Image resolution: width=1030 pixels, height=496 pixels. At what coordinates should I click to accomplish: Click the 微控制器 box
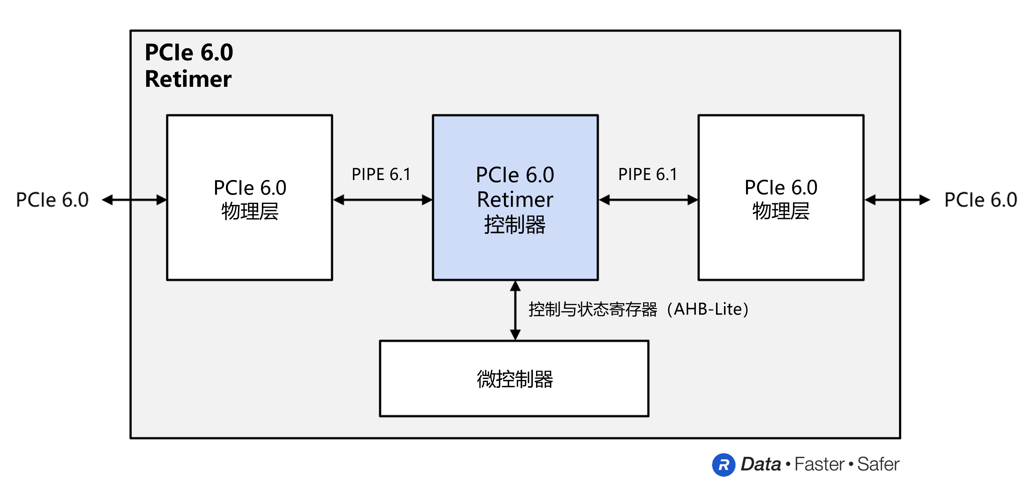tap(514, 379)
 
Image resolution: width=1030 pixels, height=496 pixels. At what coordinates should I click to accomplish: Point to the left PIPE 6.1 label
tap(381, 174)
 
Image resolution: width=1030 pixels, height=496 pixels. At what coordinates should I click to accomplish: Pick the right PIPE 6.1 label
tap(647, 174)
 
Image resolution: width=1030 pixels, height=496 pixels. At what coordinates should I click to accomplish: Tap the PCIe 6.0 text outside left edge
tap(52, 199)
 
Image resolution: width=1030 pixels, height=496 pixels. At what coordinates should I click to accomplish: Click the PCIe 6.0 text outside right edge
tap(981, 199)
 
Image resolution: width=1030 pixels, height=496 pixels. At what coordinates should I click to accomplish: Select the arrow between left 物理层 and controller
tap(382, 199)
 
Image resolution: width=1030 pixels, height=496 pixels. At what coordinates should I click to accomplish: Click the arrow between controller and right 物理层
tap(648, 199)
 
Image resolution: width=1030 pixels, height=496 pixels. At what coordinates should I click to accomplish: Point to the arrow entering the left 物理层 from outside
tap(134, 199)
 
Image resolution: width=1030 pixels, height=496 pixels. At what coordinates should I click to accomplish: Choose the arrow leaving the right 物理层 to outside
tap(897, 199)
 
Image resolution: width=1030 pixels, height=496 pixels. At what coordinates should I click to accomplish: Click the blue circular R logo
tap(723, 465)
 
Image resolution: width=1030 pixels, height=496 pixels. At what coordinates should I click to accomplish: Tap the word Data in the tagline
tap(760, 464)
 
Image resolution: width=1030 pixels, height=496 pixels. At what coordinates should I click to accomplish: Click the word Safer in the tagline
tap(878, 464)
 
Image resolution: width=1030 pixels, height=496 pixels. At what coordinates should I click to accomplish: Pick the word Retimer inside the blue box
tap(515, 199)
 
